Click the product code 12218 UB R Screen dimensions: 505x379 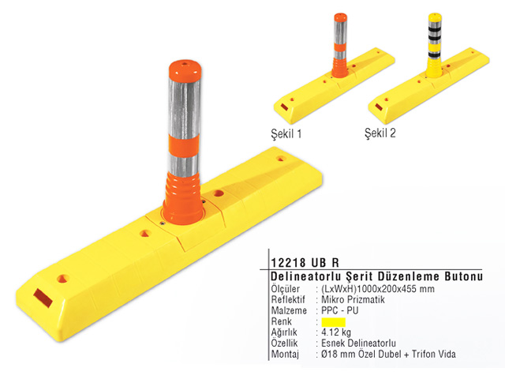(305, 262)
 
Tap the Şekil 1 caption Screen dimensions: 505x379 (286, 133)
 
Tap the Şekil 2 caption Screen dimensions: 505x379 (380, 133)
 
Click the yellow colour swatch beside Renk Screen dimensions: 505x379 (333, 322)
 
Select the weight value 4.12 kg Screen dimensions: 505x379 (336, 332)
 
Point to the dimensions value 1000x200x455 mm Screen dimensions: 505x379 (396, 289)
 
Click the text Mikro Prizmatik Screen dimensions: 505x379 (353, 300)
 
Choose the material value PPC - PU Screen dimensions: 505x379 (340, 310)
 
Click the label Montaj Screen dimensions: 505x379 (285, 355)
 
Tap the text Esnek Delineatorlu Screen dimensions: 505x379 (358, 343)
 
